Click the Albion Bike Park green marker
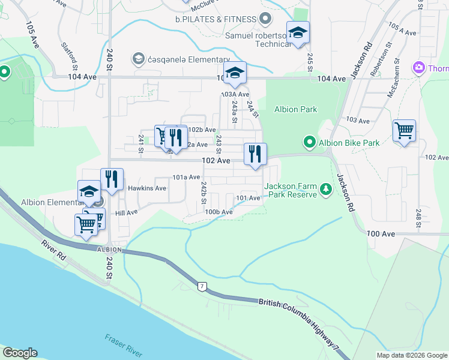coord(309,143)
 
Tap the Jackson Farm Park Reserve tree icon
coord(326,190)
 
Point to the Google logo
coord(20,353)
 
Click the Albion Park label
coord(295,109)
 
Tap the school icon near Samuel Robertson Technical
coord(297,34)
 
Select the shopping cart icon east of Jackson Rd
coord(404,130)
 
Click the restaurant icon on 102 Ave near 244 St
coord(255,154)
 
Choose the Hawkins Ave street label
coord(147,188)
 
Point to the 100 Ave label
coord(380,233)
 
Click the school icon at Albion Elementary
coord(89,192)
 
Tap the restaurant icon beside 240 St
coord(112,179)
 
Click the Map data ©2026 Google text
coord(411,355)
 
